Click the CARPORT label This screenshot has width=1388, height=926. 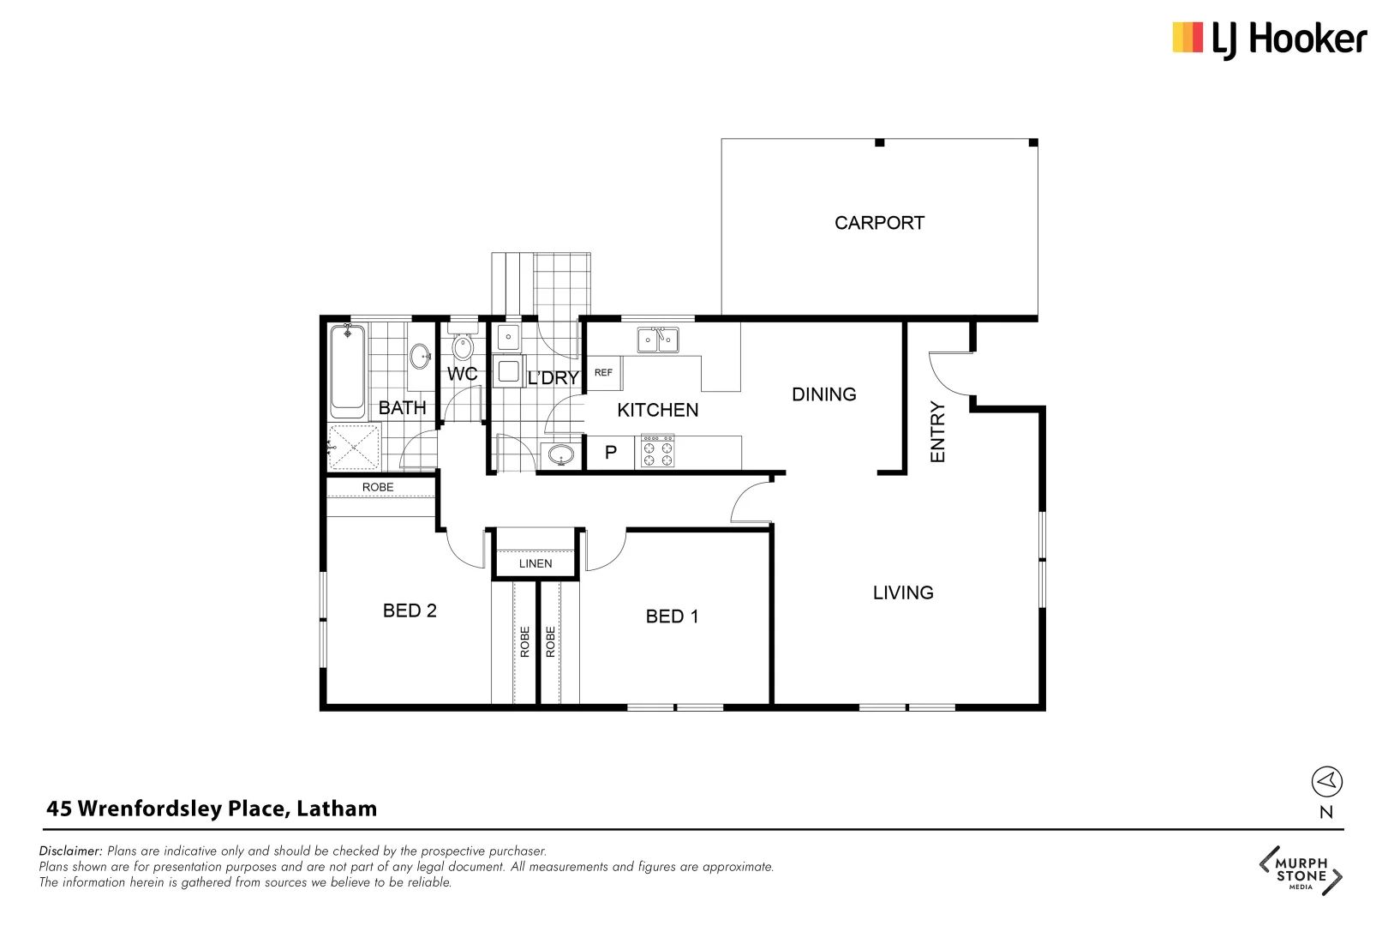(879, 223)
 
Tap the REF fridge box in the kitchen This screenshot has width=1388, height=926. (603, 373)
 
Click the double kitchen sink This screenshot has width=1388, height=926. (657, 340)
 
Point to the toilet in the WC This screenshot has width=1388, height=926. (463, 345)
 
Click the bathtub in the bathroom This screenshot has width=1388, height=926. (348, 370)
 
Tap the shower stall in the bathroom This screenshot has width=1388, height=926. (354, 447)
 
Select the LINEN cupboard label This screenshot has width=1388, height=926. (535, 563)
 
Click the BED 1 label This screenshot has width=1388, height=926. (672, 616)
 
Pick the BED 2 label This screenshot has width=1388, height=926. (410, 610)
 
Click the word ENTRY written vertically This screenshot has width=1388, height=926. (937, 432)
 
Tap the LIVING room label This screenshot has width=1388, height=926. (903, 592)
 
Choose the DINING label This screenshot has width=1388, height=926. (823, 394)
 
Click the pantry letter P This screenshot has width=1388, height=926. (611, 452)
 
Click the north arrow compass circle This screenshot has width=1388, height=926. (1326, 781)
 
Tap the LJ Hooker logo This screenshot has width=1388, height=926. (1269, 39)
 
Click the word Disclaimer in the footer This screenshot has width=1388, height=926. (70, 851)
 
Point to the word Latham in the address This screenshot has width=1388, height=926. (337, 809)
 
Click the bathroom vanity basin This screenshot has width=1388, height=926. (420, 355)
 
